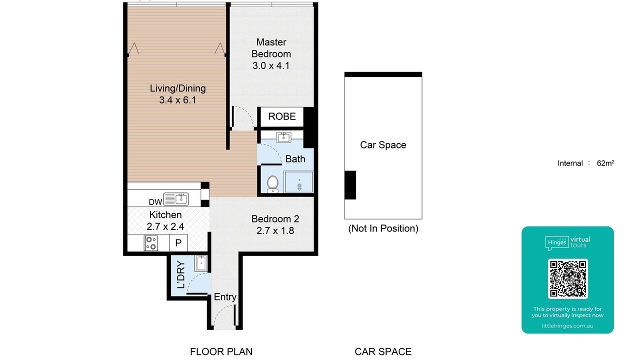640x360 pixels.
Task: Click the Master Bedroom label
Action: [x=271, y=48]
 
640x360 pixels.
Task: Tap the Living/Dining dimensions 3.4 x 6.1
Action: [x=177, y=100]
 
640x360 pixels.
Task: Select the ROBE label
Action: [x=282, y=116]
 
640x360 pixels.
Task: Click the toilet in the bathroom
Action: [x=272, y=184]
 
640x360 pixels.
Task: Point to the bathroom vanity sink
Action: [x=283, y=137]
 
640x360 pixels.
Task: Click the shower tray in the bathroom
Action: [x=298, y=181]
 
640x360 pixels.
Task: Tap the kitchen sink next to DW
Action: [x=175, y=199]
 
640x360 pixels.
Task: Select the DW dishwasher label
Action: [x=155, y=202]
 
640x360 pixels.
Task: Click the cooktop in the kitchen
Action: [x=150, y=243]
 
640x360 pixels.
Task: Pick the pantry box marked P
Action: [x=178, y=243]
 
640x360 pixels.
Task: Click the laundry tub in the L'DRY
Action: [x=201, y=263]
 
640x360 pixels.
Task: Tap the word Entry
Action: [x=225, y=297]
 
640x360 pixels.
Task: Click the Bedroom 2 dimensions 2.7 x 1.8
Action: [x=275, y=230]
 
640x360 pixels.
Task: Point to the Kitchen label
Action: [x=165, y=214]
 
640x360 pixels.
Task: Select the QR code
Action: [x=567, y=278]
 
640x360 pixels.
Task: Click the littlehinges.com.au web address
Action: [x=567, y=325]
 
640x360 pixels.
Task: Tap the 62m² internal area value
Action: [x=605, y=163]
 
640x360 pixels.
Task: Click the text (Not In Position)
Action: [x=383, y=228]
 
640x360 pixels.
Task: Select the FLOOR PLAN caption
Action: [x=221, y=351]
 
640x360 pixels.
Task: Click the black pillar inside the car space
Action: [x=350, y=185]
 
